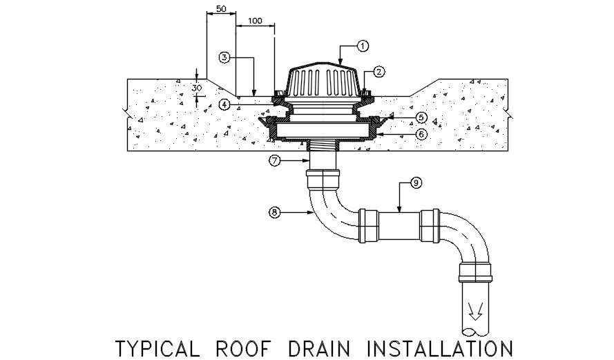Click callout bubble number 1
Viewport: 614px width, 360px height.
(x=363, y=46)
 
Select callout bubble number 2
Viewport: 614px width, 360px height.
(x=379, y=71)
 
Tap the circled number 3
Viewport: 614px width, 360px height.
(x=224, y=58)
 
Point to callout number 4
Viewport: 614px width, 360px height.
(x=224, y=104)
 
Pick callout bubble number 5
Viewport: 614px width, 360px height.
(x=421, y=117)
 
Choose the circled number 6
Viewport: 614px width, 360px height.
(x=421, y=134)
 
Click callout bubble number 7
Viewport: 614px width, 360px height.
(x=276, y=161)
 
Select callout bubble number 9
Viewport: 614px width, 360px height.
(x=415, y=182)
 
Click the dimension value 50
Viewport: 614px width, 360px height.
(x=221, y=8)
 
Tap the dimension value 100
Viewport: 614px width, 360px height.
(x=254, y=21)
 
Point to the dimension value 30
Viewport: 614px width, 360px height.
(x=197, y=88)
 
